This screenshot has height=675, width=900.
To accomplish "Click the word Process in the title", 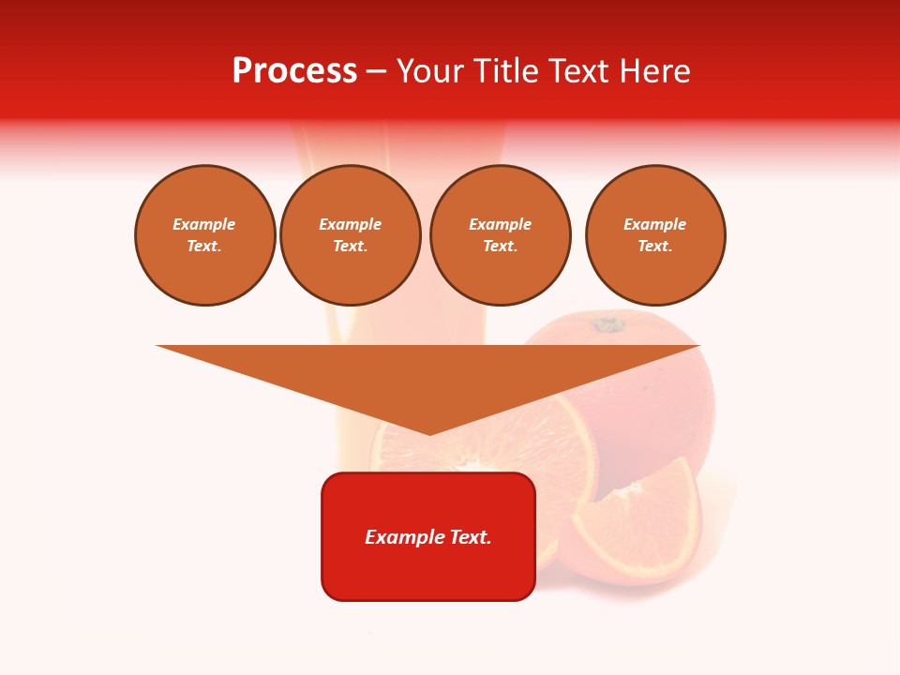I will pos(294,71).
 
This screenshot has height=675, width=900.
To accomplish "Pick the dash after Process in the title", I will pos(377,73).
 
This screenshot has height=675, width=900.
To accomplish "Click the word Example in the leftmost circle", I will pos(204,224).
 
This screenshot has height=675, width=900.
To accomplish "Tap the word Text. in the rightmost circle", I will pos(655,246).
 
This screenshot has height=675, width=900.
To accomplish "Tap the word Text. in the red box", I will pos(471,537).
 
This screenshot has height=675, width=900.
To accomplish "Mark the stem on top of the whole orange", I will pos(608,324).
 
